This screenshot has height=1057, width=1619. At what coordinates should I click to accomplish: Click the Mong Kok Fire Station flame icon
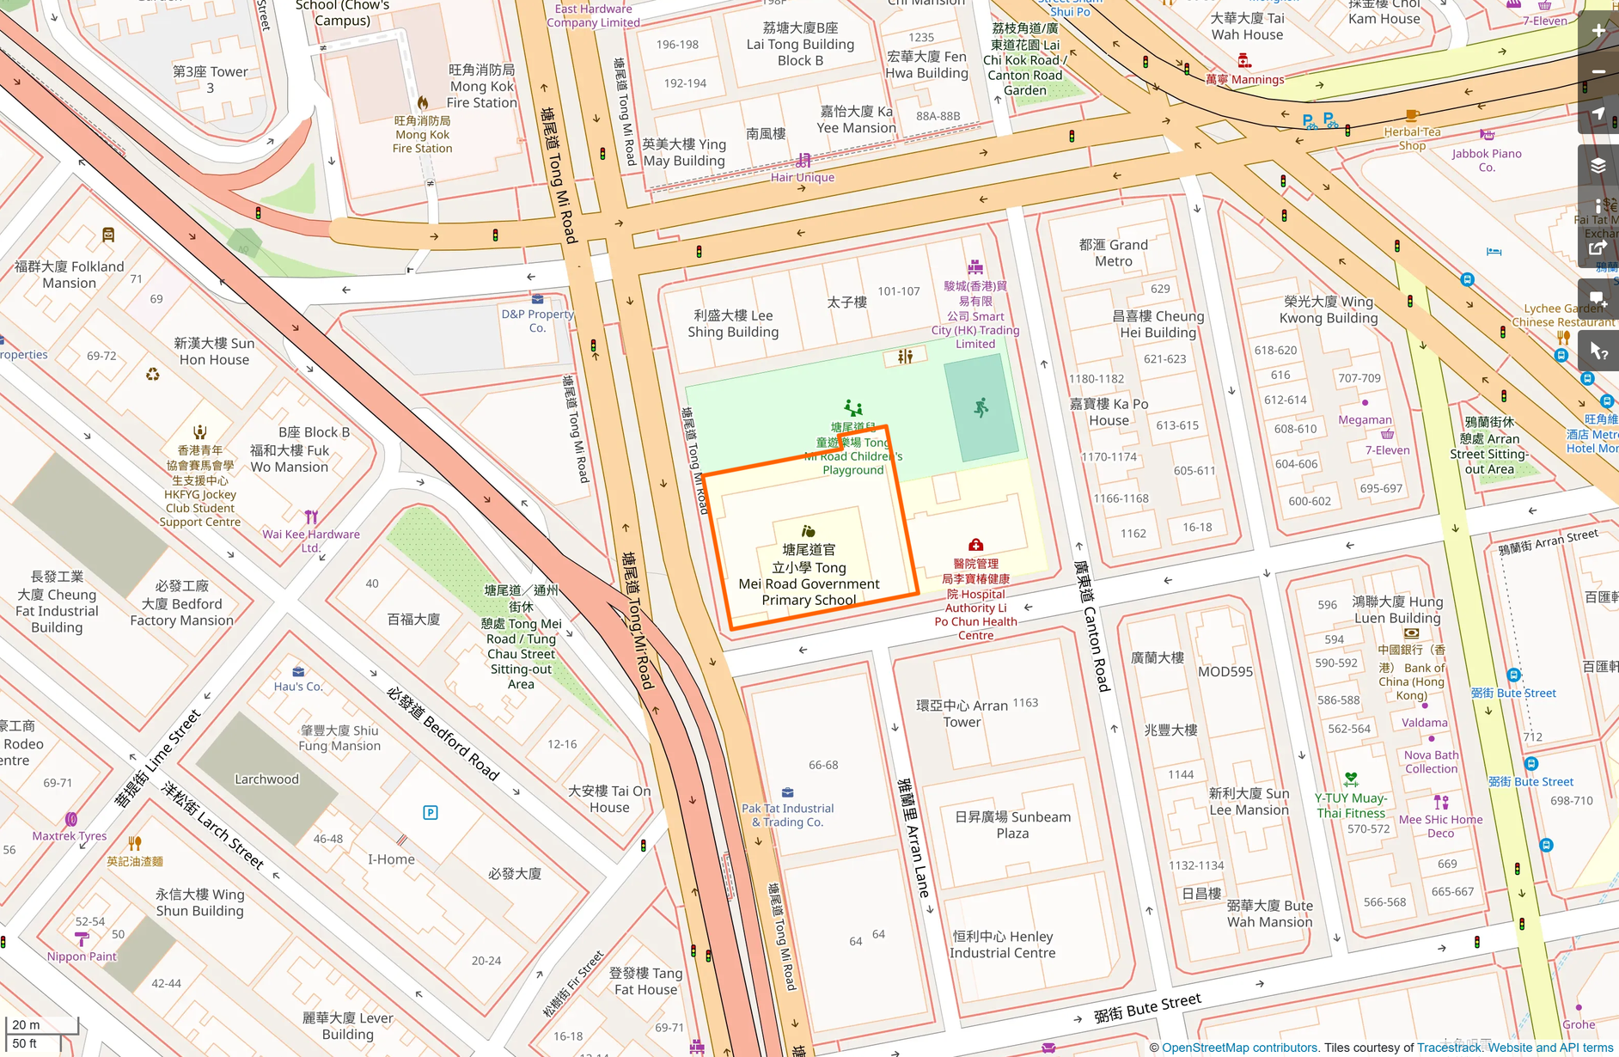[x=423, y=103]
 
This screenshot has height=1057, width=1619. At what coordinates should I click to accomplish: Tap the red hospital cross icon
[x=975, y=545]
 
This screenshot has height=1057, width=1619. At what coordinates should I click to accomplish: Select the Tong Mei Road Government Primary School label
[x=809, y=574]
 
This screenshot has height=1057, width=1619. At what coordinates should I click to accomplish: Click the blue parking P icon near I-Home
[x=431, y=812]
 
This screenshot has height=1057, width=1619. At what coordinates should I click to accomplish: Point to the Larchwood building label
[x=266, y=779]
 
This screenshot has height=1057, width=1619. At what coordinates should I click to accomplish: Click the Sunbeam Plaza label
[x=1012, y=825]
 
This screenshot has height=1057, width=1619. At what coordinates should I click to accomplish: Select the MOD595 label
[x=1225, y=672]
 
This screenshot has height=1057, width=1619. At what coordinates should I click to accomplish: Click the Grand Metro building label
[x=1113, y=253]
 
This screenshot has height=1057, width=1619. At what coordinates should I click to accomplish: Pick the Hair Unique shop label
[x=802, y=178]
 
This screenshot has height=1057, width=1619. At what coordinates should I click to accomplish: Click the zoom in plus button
[x=1598, y=32]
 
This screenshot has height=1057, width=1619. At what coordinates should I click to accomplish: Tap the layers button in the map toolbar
[x=1598, y=166]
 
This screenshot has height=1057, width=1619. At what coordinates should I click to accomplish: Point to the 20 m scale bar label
[x=27, y=1024]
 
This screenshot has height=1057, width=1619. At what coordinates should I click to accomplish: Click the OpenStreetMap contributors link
[x=1239, y=1048]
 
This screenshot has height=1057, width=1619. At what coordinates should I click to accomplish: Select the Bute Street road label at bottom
[x=1147, y=1008]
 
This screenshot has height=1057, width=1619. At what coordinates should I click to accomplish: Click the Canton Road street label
[x=1091, y=626]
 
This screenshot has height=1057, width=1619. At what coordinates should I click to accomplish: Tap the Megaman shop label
[x=1365, y=420]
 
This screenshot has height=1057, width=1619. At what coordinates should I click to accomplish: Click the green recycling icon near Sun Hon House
[x=153, y=374]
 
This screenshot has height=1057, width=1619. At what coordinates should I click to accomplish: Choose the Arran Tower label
[x=962, y=713]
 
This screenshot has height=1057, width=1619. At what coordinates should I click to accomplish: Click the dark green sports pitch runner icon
[x=981, y=408]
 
